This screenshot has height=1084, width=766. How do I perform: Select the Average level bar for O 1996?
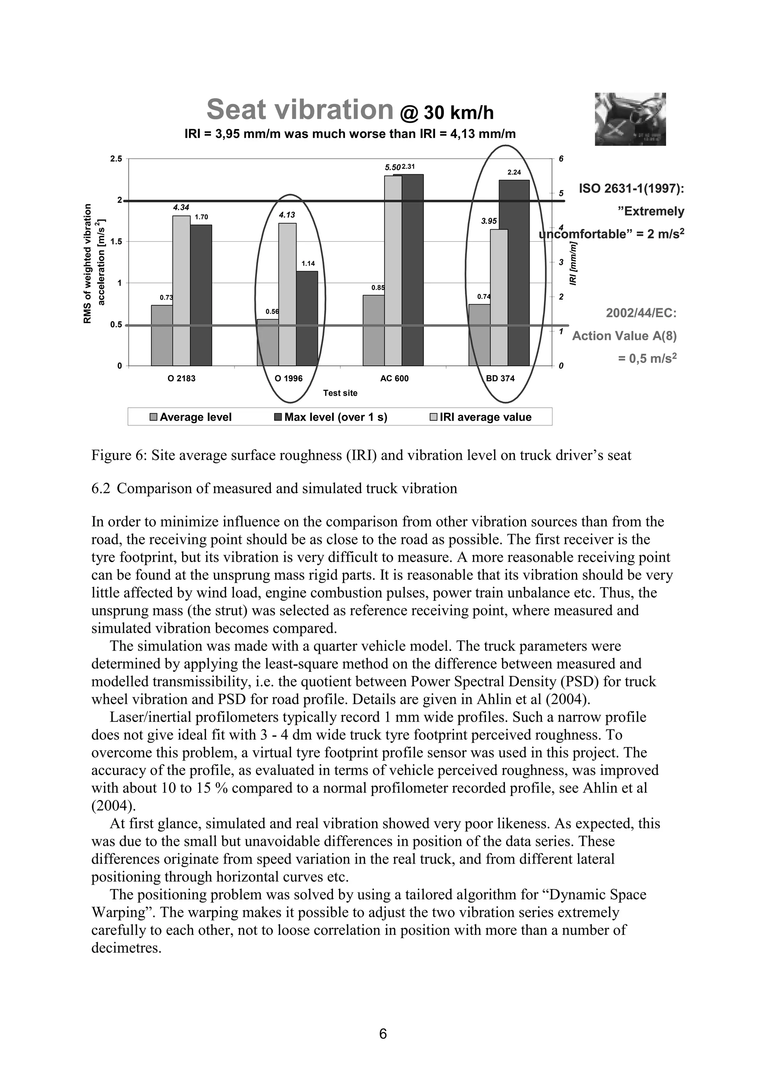[x=267, y=343]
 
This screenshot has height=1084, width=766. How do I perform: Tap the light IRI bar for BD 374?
[x=499, y=297]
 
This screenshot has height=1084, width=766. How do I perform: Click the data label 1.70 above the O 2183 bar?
[x=202, y=217]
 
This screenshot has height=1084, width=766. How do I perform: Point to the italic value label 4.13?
[x=287, y=215]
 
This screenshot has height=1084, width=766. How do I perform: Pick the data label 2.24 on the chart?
[x=514, y=172]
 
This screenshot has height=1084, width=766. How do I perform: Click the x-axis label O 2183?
[x=182, y=378]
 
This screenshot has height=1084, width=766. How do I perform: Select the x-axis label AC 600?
[x=394, y=378]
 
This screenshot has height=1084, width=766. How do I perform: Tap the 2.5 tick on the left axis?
[x=116, y=159]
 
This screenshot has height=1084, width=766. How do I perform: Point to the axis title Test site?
[x=340, y=393]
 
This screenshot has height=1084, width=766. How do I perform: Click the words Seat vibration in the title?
[x=300, y=110]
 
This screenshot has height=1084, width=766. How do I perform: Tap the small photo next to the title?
[x=630, y=119]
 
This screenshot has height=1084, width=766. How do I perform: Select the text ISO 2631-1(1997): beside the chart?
[x=631, y=189]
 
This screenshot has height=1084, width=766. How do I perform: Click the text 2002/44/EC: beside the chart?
[x=641, y=313]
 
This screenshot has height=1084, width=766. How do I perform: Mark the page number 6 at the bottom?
[x=383, y=1034]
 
